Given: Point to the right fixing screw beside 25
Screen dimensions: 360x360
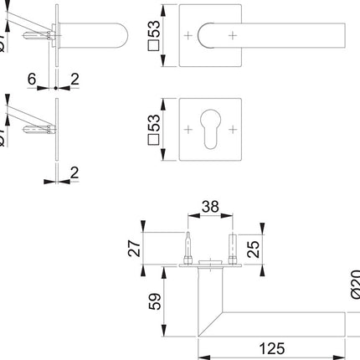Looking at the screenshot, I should (234, 248).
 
